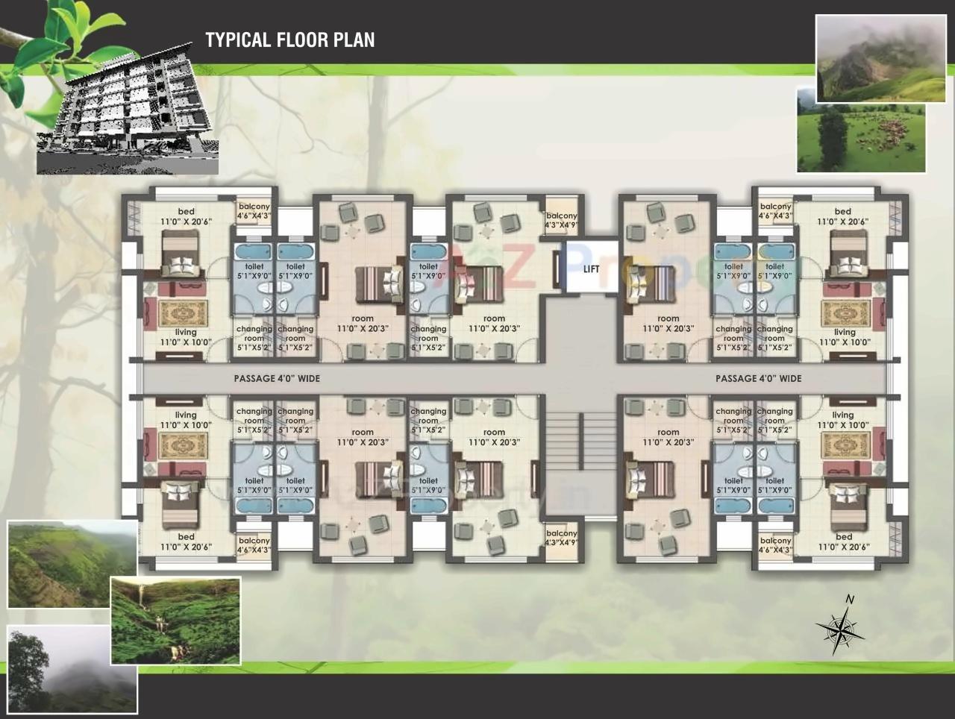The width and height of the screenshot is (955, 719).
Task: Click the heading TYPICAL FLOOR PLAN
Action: point(290,40)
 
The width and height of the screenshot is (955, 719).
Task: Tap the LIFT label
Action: point(591,269)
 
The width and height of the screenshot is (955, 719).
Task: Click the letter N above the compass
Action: point(849,600)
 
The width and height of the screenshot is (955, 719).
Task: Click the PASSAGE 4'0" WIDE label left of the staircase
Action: point(277,379)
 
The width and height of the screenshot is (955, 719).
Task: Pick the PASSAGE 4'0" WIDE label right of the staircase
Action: point(758,379)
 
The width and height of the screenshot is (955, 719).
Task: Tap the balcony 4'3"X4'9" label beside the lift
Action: point(561,220)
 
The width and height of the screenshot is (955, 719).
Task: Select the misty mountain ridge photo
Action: point(871,58)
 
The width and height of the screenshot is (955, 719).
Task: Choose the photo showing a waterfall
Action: point(175,621)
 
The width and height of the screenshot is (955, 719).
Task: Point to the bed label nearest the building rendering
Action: point(186,216)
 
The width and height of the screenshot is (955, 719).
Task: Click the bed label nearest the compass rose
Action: point(843,541)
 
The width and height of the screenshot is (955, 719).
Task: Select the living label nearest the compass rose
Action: point(843,420)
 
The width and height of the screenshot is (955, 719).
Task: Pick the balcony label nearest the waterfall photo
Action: point(254,545)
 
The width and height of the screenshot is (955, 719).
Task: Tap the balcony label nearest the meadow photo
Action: point(775,211)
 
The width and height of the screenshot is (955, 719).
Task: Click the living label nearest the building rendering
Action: point(186,337)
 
